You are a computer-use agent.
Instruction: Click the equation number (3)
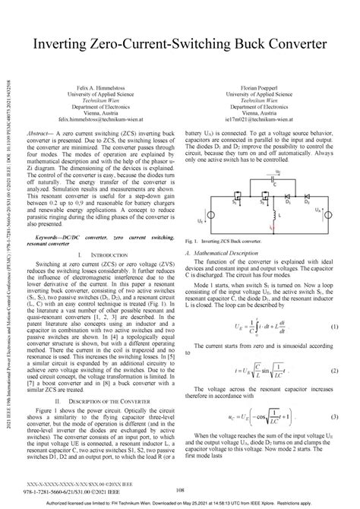[x=334, y=417]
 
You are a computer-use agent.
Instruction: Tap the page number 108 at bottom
[x=179, y=490]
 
